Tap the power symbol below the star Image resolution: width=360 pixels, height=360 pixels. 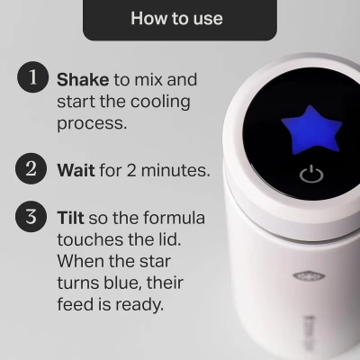[x=310, y=174]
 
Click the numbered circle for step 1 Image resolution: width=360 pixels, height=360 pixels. [x=32, y=78]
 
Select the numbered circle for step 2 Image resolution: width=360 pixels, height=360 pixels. [x=32, y=167]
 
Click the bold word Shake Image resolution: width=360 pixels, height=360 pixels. [x=83, y=80]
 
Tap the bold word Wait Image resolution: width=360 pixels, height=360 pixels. [x=76, y=168]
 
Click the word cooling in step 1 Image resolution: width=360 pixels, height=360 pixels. [x=159, y=102]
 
